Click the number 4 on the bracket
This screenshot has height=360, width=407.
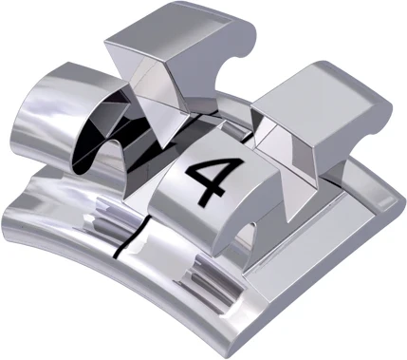[x=206, y=178]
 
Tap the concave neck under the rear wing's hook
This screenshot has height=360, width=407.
[x=228, y=71]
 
